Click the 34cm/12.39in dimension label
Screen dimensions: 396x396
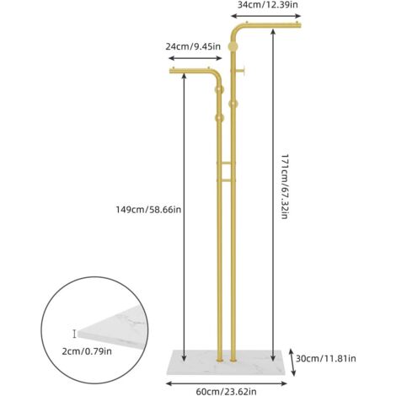coord(267,5)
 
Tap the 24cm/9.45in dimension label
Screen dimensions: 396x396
coord(193,46)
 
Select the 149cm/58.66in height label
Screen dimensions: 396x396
coord(148,210)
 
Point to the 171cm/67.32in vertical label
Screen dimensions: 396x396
coord(285,186)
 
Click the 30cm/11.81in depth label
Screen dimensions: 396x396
coord(326,358)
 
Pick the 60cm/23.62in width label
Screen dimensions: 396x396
coord(226,391)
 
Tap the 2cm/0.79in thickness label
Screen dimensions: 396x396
coord(87,351)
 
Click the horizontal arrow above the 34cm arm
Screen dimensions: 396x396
coord(265,16)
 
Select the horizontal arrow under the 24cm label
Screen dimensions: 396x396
coord(195,58)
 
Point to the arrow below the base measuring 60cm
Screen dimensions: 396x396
coord(227,383)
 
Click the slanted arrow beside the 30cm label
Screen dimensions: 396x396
coord(292,362)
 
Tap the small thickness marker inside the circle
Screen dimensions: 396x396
coord(74,334)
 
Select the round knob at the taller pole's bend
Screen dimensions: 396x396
coord(233,46)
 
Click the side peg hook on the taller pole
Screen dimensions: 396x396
coord(241,71)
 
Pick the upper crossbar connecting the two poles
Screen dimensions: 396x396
coord(226,163)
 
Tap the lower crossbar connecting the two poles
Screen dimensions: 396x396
coord(226,180)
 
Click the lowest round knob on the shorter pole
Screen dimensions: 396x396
coord(219,118)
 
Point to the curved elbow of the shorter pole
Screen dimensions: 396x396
coord(217,76)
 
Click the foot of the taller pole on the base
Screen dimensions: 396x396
coord(233,359)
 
